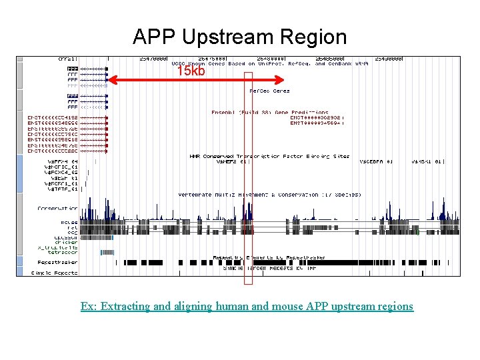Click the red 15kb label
click(x=191, y=71)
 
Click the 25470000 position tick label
click(x=153, y=59)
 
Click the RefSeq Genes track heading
click(x=269, y=91)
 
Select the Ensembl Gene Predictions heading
click(x=270, y=112)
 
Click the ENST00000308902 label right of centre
click(x=317, y=117)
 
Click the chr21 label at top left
click(x=68, y=59)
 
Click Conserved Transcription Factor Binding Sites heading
click(x=269, y=156)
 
